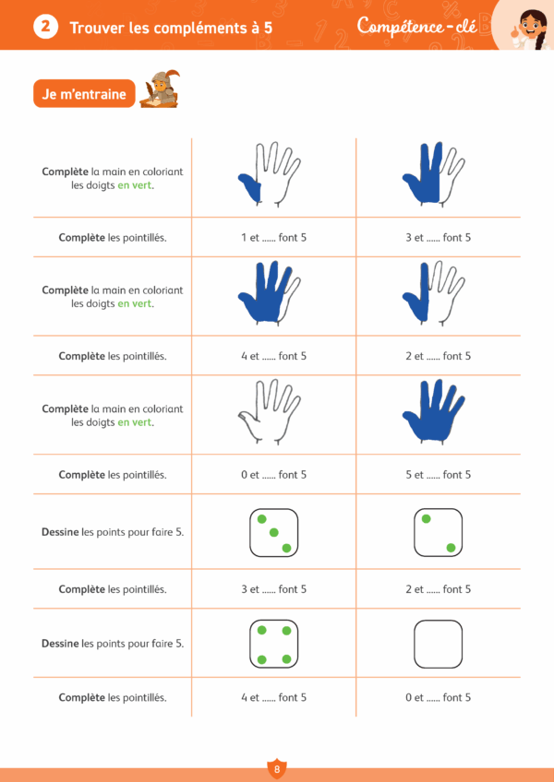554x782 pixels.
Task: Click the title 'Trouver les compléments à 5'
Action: [171, 28]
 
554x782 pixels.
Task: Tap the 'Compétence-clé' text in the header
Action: [416, 27]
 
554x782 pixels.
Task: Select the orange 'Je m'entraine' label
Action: [84, 93]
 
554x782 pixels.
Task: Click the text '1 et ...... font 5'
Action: [273, 237]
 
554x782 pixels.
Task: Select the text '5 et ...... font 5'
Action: [438, 475]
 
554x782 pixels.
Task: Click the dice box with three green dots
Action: [273, 533]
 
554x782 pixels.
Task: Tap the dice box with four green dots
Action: [273, 644]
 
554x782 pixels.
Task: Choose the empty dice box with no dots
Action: [438, 644]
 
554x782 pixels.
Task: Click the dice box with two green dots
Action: [438, 533]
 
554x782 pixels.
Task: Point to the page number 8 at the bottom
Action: [276, 768]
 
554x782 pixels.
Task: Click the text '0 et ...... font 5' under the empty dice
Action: [438, 697]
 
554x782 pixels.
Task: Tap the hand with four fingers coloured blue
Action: [269, 292]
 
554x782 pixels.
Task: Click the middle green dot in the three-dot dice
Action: [273, 533]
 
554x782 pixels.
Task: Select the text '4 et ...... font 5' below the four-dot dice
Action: [273, 697]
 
